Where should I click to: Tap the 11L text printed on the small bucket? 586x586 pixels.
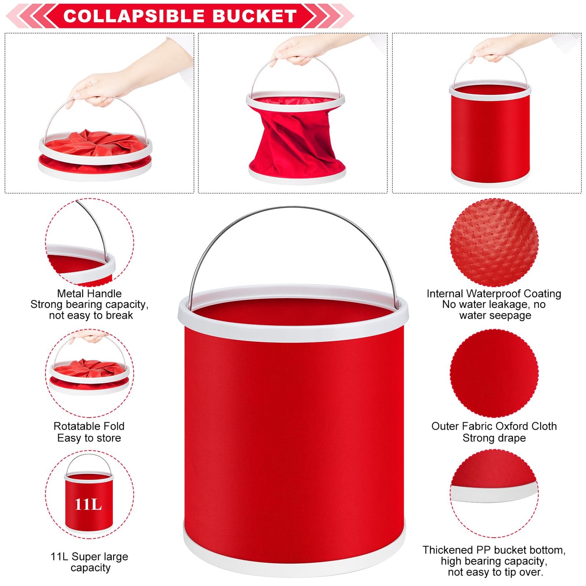point(88,504)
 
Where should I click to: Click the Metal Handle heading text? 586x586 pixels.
point(89,294)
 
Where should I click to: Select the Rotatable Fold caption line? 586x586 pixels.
point(89,426)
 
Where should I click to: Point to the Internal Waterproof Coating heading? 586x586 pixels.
point(494,294)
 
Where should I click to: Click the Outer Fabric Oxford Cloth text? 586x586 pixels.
point(494,426)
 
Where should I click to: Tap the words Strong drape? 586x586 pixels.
point(494,438)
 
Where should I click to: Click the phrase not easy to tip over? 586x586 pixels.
point(496,572)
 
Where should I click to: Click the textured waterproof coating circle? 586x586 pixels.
point(494,243)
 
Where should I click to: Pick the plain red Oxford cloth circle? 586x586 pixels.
point(494,373)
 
